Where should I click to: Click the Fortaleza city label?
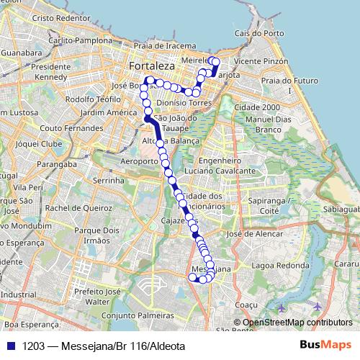click(151, 66)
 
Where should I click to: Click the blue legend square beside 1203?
click(10, 346)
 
